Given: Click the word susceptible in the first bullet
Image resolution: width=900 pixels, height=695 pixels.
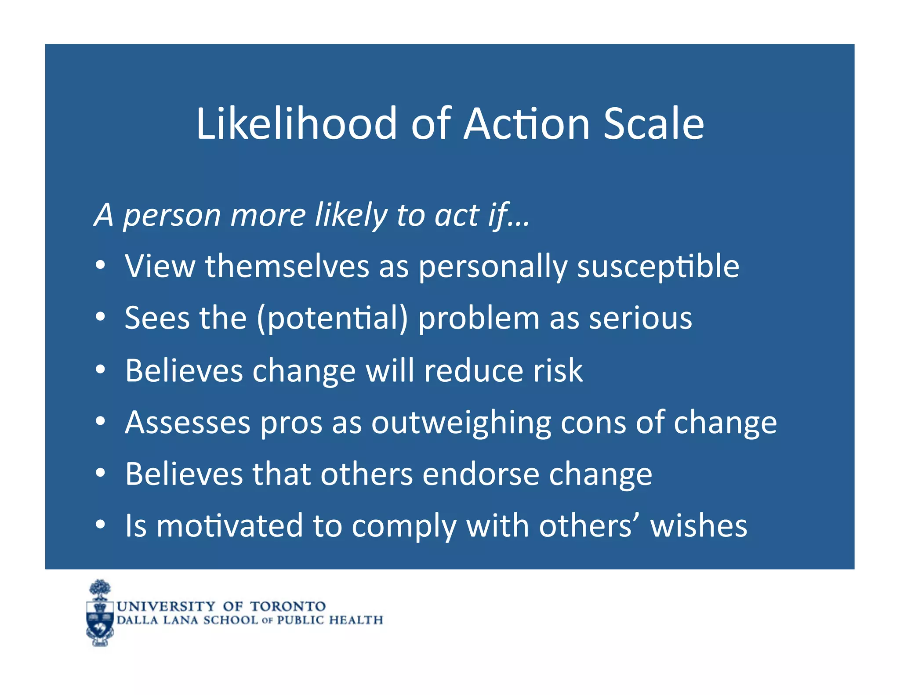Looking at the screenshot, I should point(658,267).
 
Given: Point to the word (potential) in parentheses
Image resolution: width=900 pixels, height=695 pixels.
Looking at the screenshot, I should point(333,318).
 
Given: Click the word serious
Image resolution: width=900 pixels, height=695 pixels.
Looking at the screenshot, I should point(640,318).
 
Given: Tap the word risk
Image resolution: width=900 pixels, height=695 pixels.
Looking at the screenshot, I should point(558,370).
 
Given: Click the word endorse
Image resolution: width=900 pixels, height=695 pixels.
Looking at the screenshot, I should point(480,474).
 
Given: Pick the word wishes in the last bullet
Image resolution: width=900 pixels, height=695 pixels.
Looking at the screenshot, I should point(698,526).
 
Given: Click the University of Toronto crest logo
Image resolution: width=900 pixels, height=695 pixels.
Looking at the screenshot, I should point(100,613).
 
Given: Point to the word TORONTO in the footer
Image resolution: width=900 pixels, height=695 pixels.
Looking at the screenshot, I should point(288,606).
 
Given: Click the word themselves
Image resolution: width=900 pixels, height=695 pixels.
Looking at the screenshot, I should point(287,267).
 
